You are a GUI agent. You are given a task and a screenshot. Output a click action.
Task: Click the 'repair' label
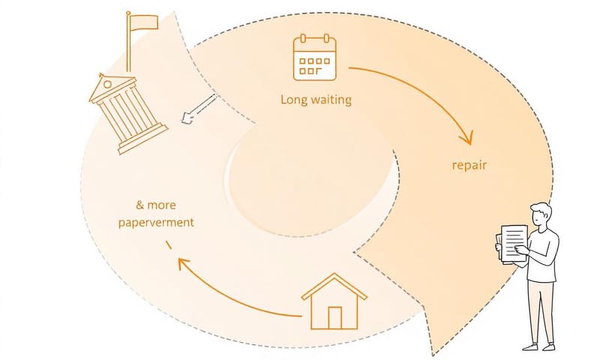pos(469,165)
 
